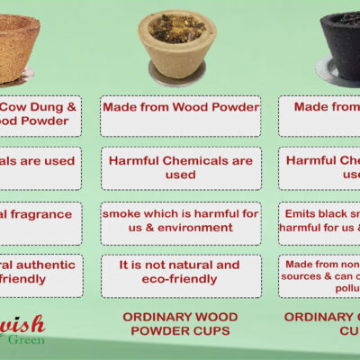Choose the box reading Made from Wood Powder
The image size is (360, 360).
pyautogui.click(x=181, y=107)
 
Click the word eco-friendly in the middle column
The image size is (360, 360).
pyautogui.click(x=181, y=280)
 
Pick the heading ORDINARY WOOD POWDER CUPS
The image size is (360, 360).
pyautogui.click(x=181, y=324)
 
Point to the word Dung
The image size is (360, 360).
pyautogui.click(x=54, y=106)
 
